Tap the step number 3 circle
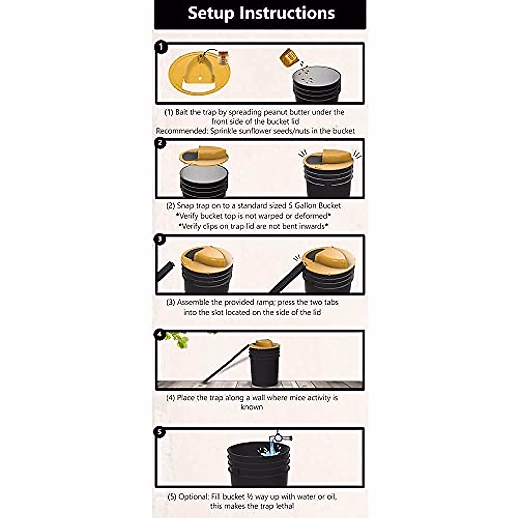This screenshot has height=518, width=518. coord(160,239)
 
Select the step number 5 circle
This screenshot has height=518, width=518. coord(160,432)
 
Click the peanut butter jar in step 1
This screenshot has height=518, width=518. coord(222,57)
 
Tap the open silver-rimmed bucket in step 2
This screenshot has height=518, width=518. coord(204,181)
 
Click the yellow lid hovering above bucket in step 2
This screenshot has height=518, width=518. coord(203,156)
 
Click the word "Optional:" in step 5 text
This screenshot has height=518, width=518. coord(194,497)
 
